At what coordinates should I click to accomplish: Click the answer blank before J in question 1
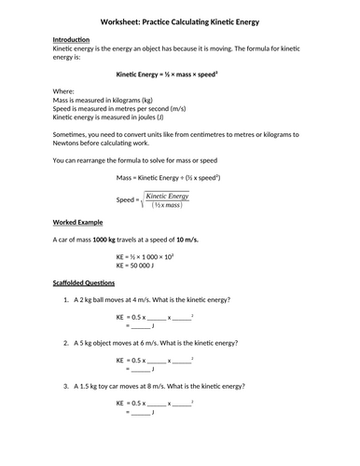tap(140, 326)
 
